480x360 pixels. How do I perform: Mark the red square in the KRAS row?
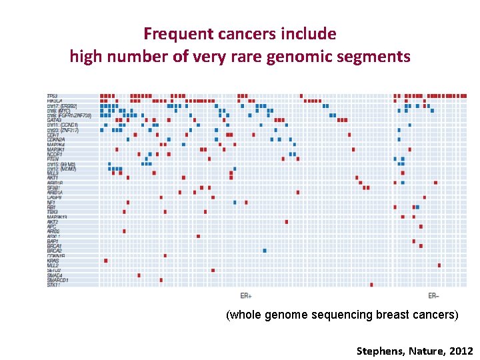coord(105,261)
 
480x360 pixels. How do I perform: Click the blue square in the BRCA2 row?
coord(265,251)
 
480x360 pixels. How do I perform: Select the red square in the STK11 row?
coord(371,285)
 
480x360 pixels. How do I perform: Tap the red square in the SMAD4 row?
coord(139,275)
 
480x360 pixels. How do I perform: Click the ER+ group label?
coord(246,295)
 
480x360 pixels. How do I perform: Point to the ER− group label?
coord(433,295)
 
